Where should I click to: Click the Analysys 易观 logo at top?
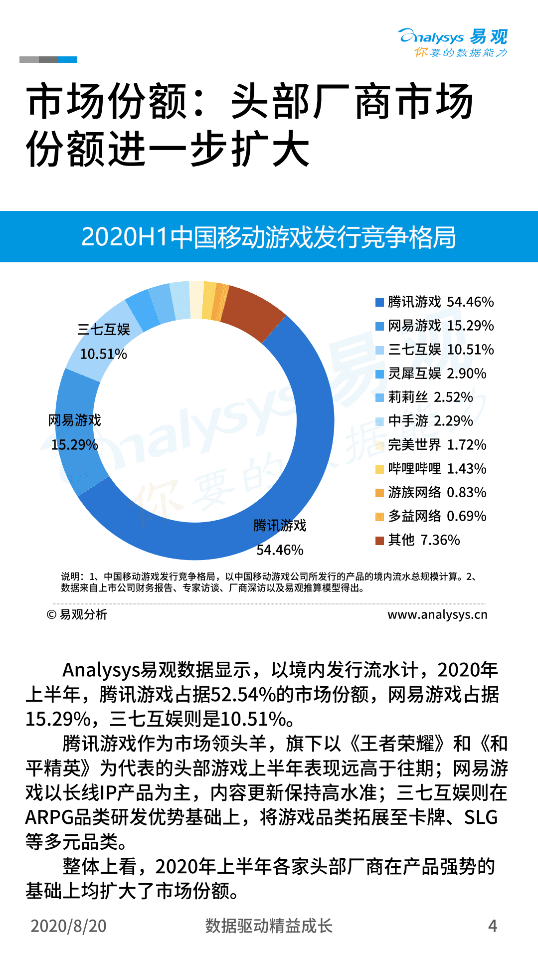453,42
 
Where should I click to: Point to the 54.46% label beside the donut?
280,550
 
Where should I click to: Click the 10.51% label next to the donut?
104,354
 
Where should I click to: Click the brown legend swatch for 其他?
379,540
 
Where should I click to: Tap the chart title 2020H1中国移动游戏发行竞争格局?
269,237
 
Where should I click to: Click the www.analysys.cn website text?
437,614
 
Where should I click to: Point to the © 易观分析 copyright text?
77,614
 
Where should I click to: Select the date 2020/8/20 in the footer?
69,926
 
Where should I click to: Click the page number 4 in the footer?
493,926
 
